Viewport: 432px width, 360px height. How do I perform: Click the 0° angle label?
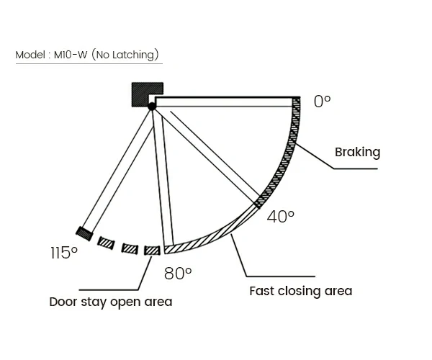322,102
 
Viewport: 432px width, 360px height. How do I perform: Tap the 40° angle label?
280,216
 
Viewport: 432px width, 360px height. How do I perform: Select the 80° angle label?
178,273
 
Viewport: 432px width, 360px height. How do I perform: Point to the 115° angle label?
63,253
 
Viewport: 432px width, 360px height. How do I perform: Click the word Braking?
357,152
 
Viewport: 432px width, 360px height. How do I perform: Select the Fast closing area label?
300,291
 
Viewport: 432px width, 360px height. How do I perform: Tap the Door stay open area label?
110,302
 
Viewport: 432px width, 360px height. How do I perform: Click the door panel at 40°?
209,155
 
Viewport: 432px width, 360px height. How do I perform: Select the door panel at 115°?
119,169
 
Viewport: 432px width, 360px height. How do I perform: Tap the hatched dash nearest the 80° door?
152,250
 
